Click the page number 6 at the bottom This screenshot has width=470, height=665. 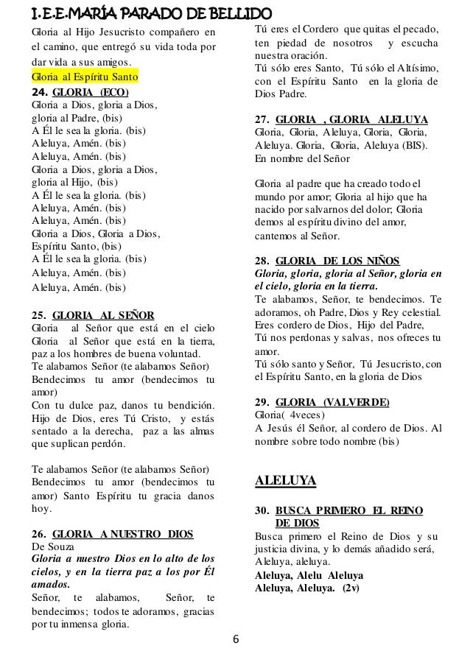coord(235,638)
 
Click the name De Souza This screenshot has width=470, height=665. coord(49,546)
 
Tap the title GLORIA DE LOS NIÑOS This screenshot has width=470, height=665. coord(337,261)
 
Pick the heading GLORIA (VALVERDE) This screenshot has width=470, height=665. coord(332,402)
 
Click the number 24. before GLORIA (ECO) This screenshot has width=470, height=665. coord(39,92)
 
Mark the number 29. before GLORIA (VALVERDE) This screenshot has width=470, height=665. coord(262,402)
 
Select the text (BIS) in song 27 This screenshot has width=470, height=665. coord(423,145)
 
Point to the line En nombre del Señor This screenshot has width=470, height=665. coord(301,158)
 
